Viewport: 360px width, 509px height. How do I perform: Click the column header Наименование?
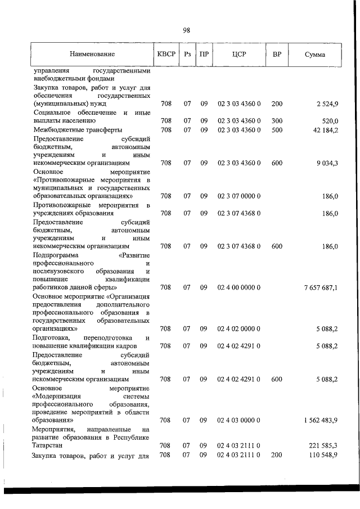(93, 55)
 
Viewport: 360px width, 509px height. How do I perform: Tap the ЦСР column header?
(238, 55)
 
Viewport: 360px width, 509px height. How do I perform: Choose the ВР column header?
(277, 55)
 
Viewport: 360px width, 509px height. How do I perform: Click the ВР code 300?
(277, 121)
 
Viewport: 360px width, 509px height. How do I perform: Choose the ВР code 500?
(277, 130)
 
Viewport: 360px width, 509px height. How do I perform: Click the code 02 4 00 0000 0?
(238, 287)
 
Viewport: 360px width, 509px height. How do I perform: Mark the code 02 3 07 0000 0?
(238, 196)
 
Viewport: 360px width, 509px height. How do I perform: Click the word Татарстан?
(49, 445)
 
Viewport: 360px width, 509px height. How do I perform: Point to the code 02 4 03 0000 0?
(238, 420)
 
